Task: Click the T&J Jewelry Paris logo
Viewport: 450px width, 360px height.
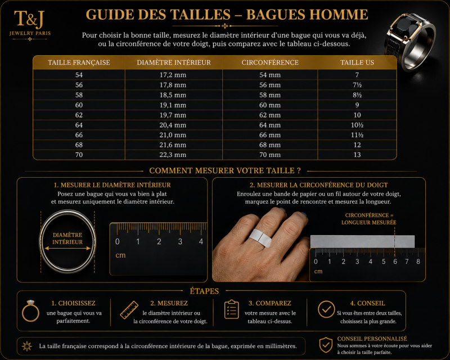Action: pyautogui.click(x=30, y=25)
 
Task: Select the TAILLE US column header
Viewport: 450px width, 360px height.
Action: pyautogui.click(x=357, y=62)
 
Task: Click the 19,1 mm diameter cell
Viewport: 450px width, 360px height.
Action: pyautogui.click(x=173, y=105)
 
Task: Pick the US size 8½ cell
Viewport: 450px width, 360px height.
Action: pyautogui.click(x=357, y=95)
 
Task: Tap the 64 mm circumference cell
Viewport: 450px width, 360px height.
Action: pyautogui.click(x=270, y=125)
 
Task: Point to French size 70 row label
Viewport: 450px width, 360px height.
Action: pyautogui.click(x=79, y=155)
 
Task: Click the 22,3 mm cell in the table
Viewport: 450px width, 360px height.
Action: pyautogui.click(x=173, y=155)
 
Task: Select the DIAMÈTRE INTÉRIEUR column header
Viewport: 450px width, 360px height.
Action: pyautogui.click(x=174, y=62)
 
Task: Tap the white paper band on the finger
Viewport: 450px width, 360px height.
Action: pyautogui.click(x=260, y=238)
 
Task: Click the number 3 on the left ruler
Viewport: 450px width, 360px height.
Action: pyautogui.click(x=180, y=242)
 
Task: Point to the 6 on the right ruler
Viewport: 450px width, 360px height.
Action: pyautogui.click(x=395, y=262)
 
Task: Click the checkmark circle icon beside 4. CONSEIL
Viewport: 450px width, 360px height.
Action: pyautogui.click(x=326, y=309)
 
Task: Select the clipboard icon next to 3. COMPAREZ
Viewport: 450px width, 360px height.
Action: pyautogui.click(x=231, y=309)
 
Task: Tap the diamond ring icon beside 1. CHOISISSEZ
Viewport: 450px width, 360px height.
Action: pyautogui.click(x=30, y=311)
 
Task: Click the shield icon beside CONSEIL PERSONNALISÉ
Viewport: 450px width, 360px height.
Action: pyautogui.click(x=326, y=345)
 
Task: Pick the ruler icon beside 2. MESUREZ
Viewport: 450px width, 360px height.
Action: pyautogui.click(x=129, y=310)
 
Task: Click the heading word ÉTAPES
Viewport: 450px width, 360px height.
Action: pyautogui.click(x=204, y=291)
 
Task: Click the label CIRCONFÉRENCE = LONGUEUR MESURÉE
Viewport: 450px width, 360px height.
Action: pyautogui.click(x=369, y=219)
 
